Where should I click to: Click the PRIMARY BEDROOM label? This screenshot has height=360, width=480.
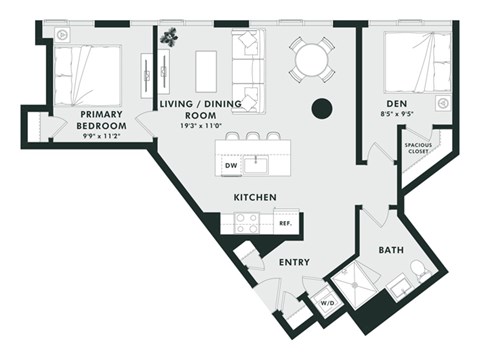(x=102, y=120)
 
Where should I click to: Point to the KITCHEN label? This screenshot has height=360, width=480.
(x=255, y=197)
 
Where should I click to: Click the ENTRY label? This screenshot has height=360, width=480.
(x=293, y=262)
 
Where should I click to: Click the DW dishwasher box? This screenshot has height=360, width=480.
(x=231, y=165)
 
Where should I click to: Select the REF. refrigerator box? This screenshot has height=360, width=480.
(x=284, y=224)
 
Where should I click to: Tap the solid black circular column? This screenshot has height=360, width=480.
(x=322, y=108)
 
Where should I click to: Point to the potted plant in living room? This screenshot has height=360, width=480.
(x=170, y=37)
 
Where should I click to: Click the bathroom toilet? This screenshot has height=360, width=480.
(x=418, y=271)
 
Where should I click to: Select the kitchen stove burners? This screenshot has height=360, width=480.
(x=246, y=223)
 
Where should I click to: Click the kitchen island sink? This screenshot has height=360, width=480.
(x=263, y=162)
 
